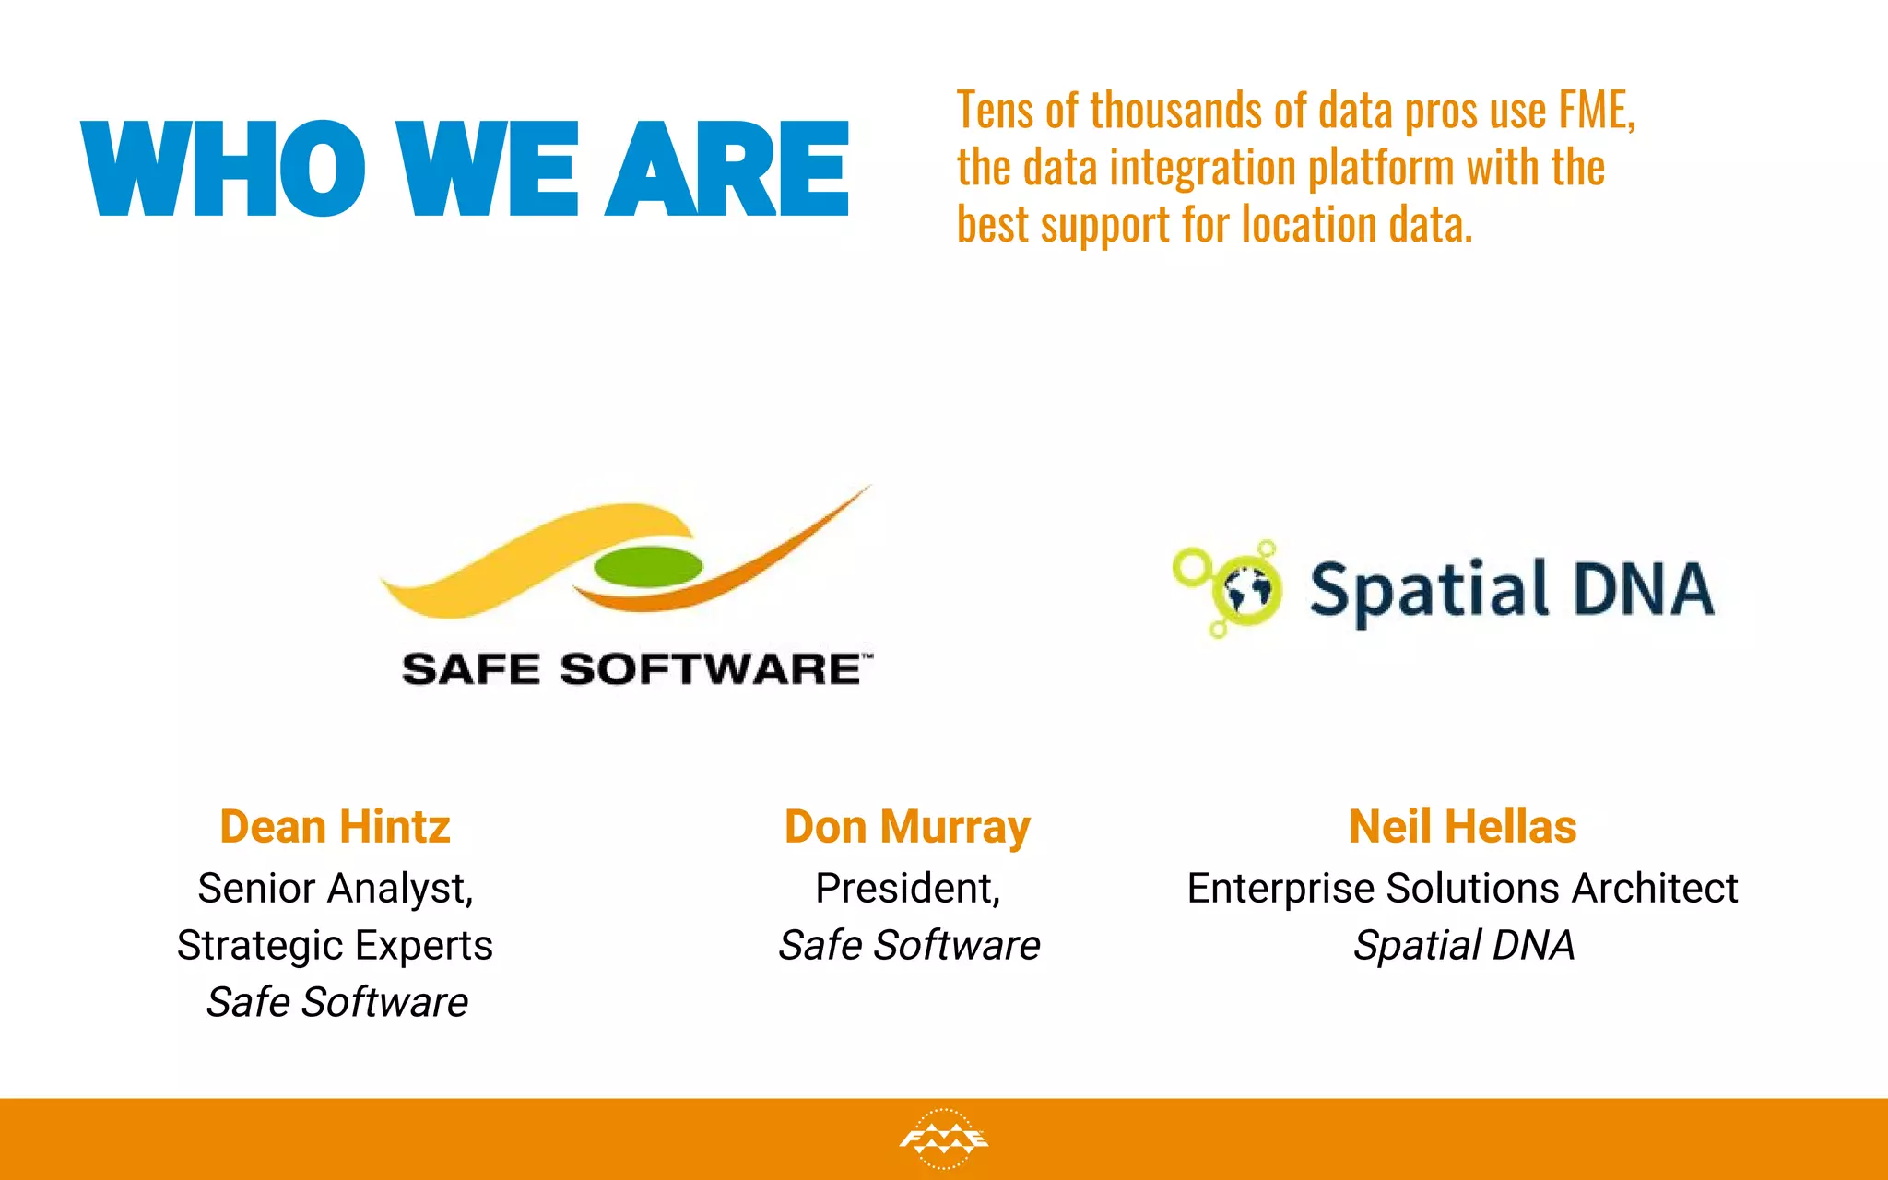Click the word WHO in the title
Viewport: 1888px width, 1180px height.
224,170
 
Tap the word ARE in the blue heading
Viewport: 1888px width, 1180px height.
727,170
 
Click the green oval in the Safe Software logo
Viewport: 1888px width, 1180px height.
648,566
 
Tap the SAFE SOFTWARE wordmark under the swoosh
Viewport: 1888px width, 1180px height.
634,669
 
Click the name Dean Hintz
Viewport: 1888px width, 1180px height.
335,827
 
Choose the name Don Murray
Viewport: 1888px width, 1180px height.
907,827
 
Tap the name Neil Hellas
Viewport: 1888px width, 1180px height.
1462,827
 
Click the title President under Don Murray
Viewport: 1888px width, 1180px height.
906,889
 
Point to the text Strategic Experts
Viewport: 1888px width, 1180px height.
335,946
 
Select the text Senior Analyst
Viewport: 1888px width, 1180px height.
335,889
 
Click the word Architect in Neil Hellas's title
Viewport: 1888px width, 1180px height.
1655,889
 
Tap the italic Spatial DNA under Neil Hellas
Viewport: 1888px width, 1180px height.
1463,946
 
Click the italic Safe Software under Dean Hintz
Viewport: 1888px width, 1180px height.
336,1003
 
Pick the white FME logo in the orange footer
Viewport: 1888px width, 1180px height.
943,1139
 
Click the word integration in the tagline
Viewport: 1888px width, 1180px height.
1203,169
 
